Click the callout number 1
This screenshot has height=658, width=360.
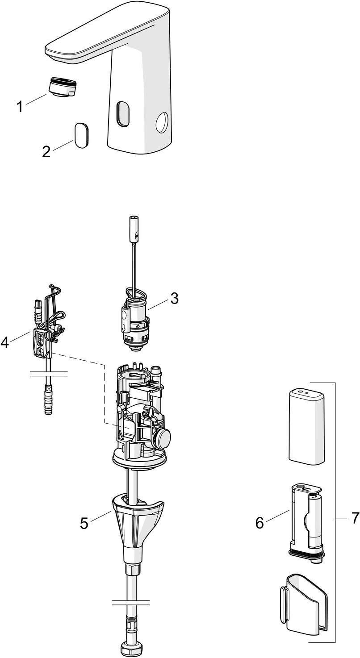(19, 107)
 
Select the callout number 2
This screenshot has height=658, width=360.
(46, 152)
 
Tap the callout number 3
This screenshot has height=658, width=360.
(174, 299)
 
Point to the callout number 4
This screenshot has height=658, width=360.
(5, 342)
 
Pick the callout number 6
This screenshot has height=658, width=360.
(260, 523)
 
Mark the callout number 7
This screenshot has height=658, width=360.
(355, 518)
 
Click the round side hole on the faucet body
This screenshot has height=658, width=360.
(161, 122)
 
